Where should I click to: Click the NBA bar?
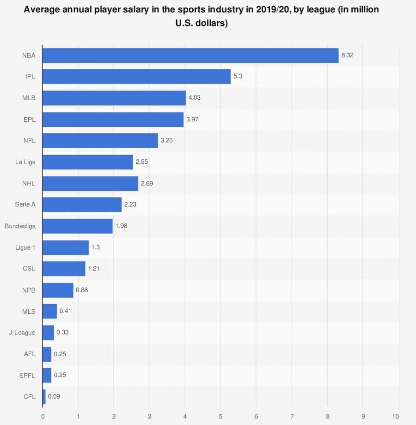(x=190, y=55)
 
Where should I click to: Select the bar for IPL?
(x=136, y=77)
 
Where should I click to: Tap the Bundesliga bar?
(x=77, y=226)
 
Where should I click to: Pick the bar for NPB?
(x=58, y=290)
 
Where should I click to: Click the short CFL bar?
(x=44, y=396)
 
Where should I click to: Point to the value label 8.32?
(x=348, y=55)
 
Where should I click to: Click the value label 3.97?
(x=193, y=120)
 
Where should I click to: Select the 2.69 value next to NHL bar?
(x=147, y=183)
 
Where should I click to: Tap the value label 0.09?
(x=54, y=396)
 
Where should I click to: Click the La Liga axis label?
(x=25, y=162)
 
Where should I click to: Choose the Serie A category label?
(x=25, y=204)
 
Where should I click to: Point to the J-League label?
(x=22, y=332)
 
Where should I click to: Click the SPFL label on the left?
(x=28, y=375)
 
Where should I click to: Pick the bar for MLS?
(x=49, y=311)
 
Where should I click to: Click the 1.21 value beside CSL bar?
(x=94, y=269)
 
